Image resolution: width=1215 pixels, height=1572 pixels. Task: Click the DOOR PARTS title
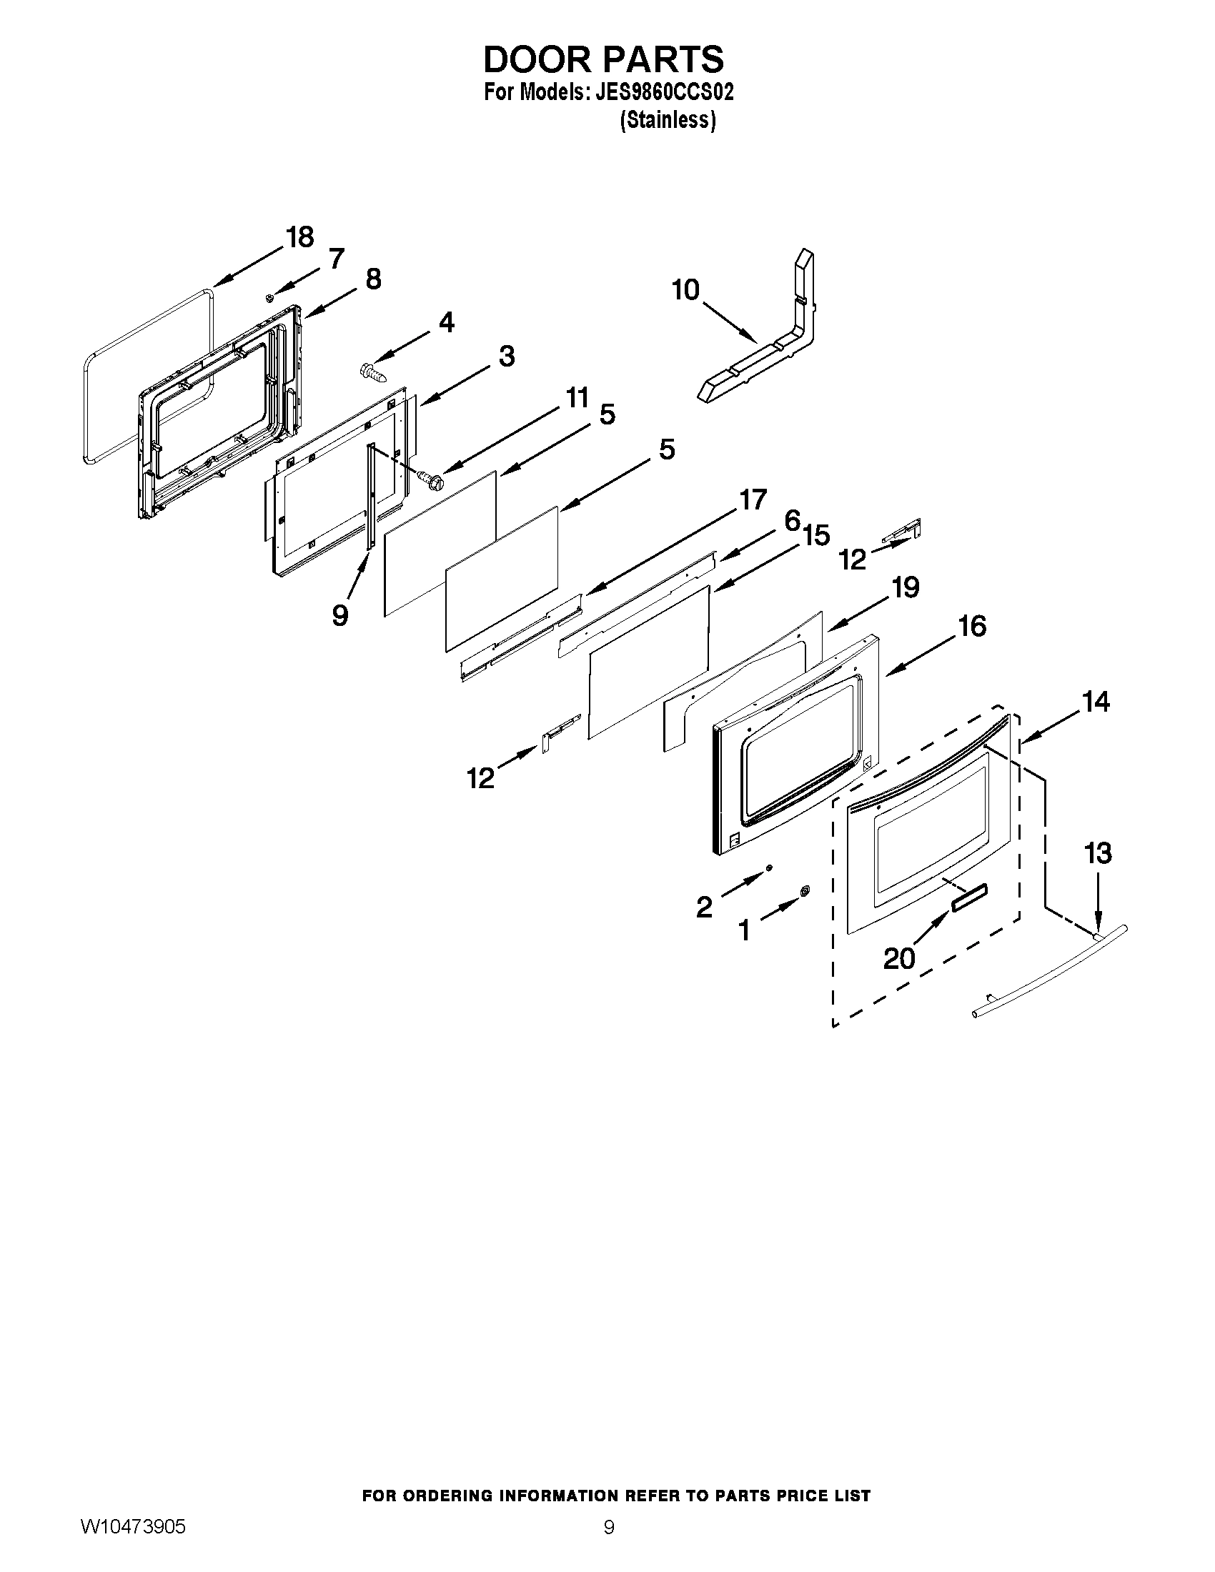[603, 59]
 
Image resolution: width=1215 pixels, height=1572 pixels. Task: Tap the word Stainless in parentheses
[668, 120]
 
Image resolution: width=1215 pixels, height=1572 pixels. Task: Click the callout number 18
[299, 237]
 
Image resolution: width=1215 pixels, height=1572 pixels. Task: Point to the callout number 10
[685, 290]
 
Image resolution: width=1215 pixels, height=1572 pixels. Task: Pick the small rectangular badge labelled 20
[970, 899]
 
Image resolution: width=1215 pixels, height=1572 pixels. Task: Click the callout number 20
[899, 958]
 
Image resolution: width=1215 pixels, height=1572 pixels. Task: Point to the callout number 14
[1096, 701]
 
